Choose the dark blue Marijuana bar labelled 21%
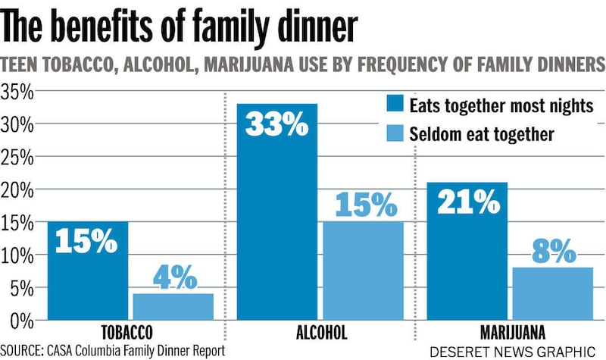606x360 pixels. pyautogui.click(x=467, y=251)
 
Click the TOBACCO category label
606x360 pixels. pyautogui.click(x=127, y=333)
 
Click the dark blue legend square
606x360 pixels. pyautogui.click(x=395, y=105)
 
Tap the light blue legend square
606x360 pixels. pyautogui.click(x=395, y=134)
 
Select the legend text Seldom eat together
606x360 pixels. pyautogui.click(x=482, y=135)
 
